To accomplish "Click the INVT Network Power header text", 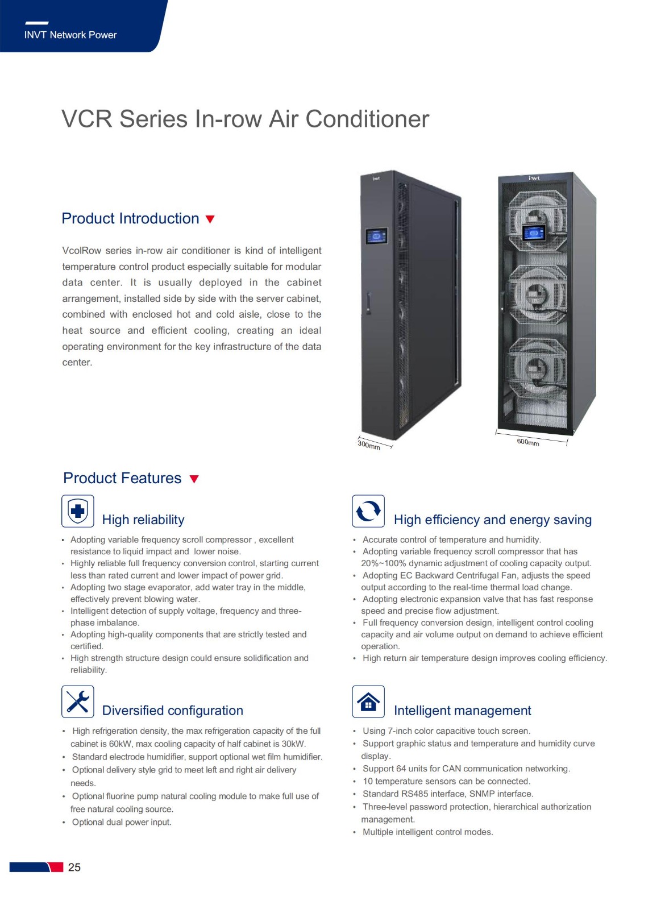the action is coord(70,35).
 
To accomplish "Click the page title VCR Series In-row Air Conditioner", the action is coord(245,119).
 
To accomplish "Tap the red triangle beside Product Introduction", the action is coord(210,219).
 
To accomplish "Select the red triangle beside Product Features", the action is coord(194,479).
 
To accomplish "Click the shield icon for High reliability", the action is coord(78,511).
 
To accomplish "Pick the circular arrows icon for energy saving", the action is coord(368,511).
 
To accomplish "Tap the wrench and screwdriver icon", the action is coord(78,702).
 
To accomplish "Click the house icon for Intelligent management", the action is coord(368,702).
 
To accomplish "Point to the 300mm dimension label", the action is coord(369,445).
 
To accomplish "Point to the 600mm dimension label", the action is coord(528,442).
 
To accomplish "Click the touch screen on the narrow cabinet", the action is coord(376,236).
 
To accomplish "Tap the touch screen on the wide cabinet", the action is coord(534,233).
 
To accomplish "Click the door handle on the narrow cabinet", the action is coord(368,303).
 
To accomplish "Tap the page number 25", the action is coord(74,867).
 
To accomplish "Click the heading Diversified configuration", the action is coord(172,711).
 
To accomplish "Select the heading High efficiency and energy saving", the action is coord(493,520).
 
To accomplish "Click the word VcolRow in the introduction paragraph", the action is coord(81,250).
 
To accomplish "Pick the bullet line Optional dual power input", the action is coord(122,822).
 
